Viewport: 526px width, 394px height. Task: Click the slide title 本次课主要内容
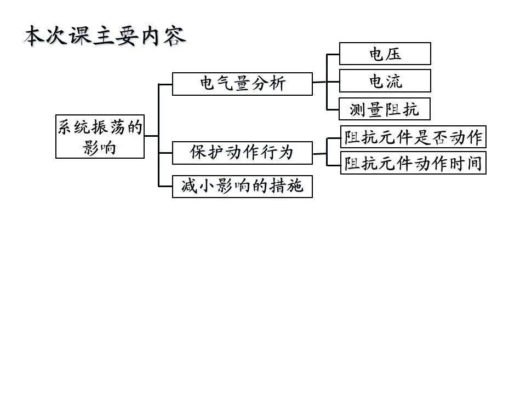coord(105,36)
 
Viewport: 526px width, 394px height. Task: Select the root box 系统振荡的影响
coord(100,136)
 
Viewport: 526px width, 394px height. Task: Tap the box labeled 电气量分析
coord(242,84)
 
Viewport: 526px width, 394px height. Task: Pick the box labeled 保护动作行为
coord(242,153)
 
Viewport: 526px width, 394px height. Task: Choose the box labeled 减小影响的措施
coord(242,186)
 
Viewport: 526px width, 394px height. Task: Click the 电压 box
coord(385,54)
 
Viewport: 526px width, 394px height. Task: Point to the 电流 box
coord(385,81)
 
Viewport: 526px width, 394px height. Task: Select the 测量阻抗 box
coord(385,109)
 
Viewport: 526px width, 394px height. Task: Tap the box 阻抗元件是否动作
coord(413,137)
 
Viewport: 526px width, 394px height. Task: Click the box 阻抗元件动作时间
coord(413,163)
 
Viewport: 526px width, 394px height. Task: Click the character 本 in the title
coord(34,36)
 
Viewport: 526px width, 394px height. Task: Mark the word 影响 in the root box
coord(99,147)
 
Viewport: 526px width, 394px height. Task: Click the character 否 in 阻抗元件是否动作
coord(440,137)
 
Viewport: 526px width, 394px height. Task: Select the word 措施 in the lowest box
coord(287,186)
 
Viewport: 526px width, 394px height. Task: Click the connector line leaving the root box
coord(151,136)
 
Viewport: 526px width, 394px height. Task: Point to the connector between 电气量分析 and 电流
coord(325,82)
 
